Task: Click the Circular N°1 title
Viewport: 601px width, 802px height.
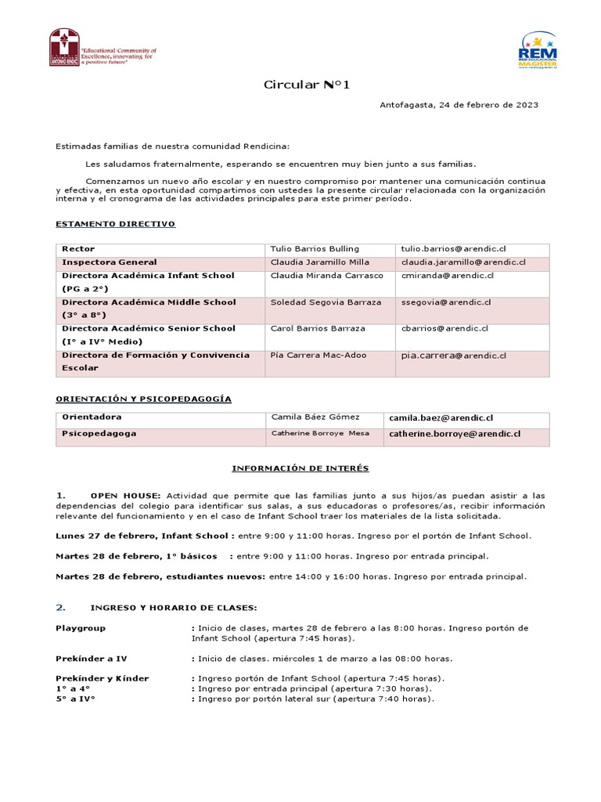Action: [301, 85]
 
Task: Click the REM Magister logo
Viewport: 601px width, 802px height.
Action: [538, 50]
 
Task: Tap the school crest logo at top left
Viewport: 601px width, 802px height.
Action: [64, 48]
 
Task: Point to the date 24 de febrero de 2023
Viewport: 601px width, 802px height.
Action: [488, 105]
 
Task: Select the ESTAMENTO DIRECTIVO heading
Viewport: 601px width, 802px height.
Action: [116, 224]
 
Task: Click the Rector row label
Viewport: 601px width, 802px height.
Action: [78, 249]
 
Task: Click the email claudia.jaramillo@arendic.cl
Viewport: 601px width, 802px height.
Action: [463, 262]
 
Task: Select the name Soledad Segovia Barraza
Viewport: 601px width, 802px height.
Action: [326, 302]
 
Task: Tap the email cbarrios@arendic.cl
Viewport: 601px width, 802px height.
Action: [445, 329]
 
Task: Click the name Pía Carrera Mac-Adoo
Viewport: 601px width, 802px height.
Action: [318, 356]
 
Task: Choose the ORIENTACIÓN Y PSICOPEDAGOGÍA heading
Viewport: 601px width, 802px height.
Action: [144, 399]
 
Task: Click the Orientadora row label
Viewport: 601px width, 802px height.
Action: [92, 417]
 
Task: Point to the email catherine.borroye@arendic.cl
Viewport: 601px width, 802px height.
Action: [455, 433]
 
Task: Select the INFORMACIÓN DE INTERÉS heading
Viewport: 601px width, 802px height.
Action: [300, 468]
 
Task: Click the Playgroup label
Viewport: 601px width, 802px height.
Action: [81, 628]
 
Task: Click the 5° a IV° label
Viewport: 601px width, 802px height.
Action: [75, 699]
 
